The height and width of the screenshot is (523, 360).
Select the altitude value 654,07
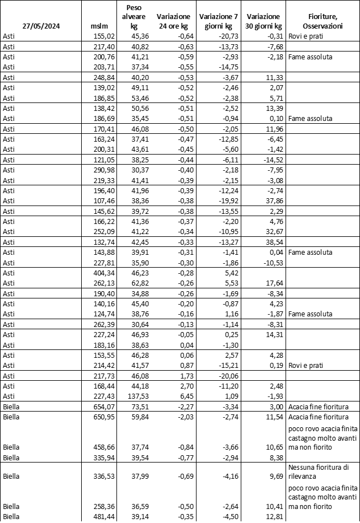(102, 407)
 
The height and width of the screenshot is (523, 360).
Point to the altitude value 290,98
(102, 170)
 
